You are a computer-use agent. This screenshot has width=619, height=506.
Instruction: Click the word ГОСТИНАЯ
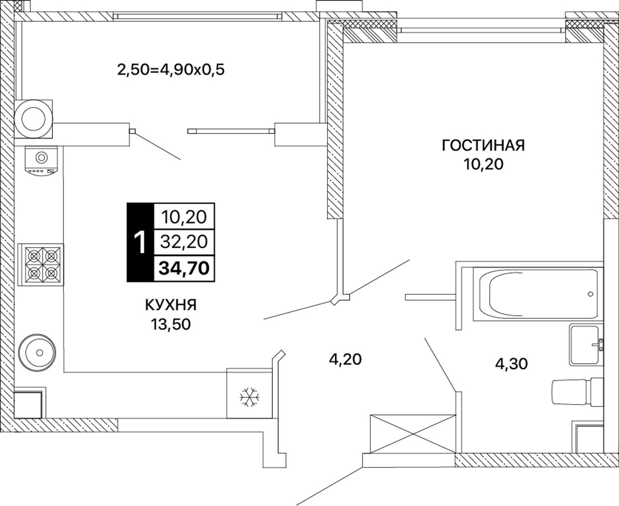point(483,145)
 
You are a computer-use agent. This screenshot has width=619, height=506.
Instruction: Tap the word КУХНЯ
point(170,305)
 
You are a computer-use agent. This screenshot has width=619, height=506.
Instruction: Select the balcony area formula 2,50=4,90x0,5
point(172,70)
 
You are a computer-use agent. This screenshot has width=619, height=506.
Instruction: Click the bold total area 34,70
point(183,267)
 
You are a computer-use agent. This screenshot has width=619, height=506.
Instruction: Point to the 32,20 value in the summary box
point(183,241)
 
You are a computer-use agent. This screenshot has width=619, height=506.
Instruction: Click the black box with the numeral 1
point(140,242)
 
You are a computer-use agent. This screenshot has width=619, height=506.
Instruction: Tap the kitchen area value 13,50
point(170,324)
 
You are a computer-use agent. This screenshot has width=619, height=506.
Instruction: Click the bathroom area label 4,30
point(511,363)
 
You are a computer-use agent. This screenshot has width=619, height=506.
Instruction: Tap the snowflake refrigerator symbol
point(250,397)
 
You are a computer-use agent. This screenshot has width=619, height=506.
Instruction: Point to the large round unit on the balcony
point(33,118)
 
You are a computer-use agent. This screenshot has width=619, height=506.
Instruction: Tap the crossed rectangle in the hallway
point(413,434)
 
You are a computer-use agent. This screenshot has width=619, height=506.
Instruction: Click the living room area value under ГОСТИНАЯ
point(483,165)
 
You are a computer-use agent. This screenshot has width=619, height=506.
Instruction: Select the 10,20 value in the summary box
point(183,217)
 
